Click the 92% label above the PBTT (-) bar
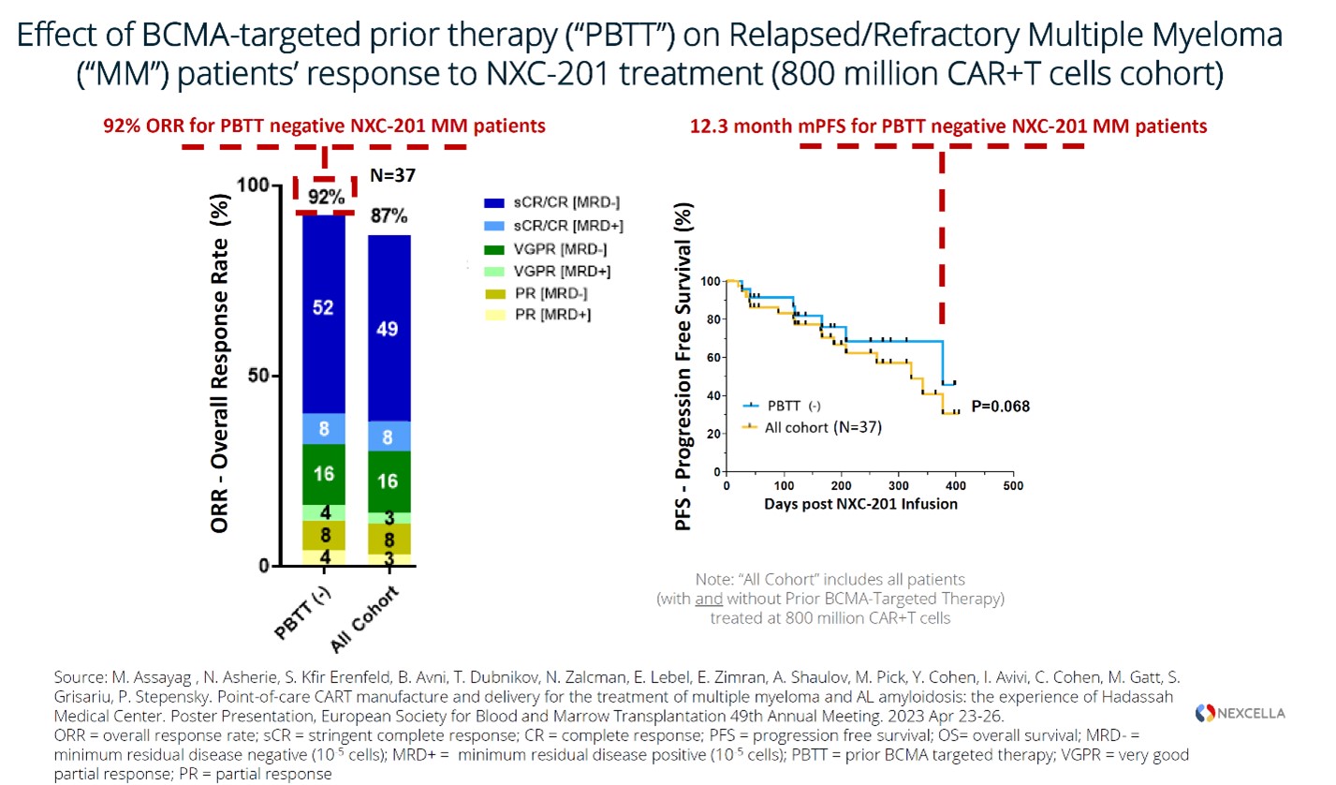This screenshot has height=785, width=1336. tap(323, 199)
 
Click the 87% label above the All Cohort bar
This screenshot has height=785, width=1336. tap(389, 216)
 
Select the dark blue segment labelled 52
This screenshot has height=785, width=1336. tap(323, 308)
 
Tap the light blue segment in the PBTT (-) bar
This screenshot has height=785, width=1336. tap(323, 428)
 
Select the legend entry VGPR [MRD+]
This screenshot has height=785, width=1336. tap(547, 271)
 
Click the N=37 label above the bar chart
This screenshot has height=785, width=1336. tap(392, 174)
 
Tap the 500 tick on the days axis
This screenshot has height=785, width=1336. tap(1012, 487)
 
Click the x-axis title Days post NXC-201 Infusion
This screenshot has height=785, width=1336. tap(860, 505)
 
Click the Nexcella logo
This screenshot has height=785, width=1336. tap(1240, 714)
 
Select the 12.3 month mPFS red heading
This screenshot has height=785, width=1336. tap(948, 126)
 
